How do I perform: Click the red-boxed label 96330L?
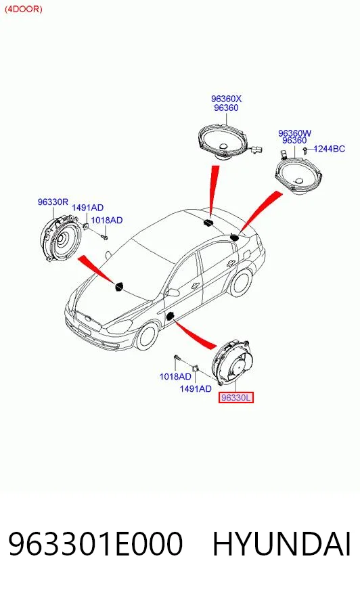236,397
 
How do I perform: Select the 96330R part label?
53,202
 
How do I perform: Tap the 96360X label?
226,99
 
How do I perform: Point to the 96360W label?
294,133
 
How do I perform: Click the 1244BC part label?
329,149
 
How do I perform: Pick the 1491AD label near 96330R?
87,208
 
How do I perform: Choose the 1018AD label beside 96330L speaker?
175,376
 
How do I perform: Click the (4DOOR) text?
23,9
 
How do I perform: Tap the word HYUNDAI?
282,544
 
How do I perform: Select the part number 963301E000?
95,544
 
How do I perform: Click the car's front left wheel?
147,336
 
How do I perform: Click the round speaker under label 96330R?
60,237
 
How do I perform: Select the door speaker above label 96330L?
231,362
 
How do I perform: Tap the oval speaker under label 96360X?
223,142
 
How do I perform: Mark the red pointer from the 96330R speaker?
96,269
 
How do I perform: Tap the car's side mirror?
173,292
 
